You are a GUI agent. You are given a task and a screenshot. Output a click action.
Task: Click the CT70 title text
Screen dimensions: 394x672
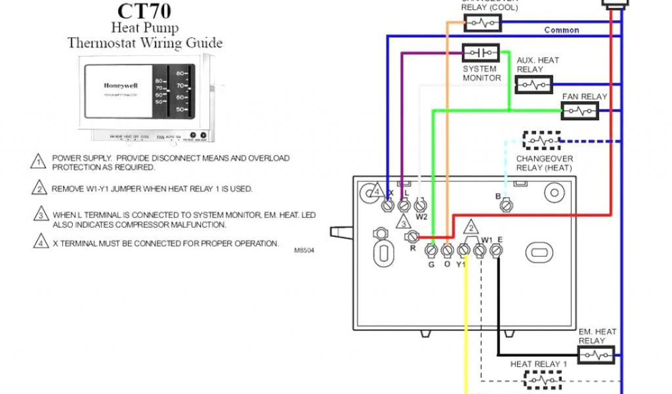pyautogui.click(x=144, y=12)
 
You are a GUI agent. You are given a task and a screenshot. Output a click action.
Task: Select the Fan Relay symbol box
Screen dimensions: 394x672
pyautogui.click(x=579, y=112)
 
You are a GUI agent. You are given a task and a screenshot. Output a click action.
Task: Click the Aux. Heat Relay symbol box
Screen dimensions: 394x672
pyautogui.click(x=534, y=85)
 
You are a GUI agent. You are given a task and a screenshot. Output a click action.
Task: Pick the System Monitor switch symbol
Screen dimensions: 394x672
pyautogui.click(x=480, y=53)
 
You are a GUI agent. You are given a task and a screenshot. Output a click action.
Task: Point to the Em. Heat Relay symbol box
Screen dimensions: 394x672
pyautogui.click(x=596, y=355)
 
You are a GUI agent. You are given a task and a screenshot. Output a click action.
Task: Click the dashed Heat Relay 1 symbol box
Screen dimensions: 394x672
pyautogui.click(x=543, y=380)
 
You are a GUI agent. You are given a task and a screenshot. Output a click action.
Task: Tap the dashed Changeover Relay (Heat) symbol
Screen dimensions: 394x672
pyautogui.click(x=541, y=141)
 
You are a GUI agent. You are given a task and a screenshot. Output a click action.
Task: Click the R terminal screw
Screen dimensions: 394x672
pyautogui.click(x=412, y=236)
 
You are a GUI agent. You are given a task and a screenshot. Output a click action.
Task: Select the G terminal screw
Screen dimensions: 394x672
pyautogui.click(x=431, y=250)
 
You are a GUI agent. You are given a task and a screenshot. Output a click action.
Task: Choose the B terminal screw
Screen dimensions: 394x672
pyautogui.click(x=506, y=206)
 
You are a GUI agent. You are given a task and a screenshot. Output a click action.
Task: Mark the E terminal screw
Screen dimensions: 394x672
pyautogui.click(x=496, y=250)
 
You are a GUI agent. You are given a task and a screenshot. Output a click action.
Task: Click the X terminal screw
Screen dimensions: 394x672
pyautogui.click(x=388, y=206)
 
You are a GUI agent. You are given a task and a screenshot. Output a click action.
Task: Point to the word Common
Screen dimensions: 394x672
pyautogui.click(x=562, y=30)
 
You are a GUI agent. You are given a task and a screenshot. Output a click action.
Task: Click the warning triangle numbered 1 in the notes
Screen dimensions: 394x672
pyautogui.click(x=39, y=162)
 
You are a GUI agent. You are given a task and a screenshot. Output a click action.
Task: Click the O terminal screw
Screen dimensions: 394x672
pyautogui.click(x=447, y=250)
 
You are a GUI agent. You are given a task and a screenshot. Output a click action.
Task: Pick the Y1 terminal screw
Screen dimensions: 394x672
pyautogui.click(x=463, y=250)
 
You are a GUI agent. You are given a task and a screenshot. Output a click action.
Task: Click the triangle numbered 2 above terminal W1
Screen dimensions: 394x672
pyautogui.click(x=471, y=229)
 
